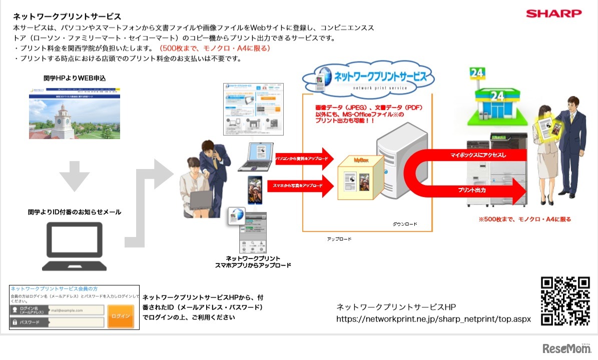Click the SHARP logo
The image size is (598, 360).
pyautogui.click(x=553, y=13)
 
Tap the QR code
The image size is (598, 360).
pyautogui.click(x=565, y=301)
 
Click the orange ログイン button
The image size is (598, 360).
pyautogui.click(x=121, y=316)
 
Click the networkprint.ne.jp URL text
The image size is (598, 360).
pyautogui.click(x=433, y=318)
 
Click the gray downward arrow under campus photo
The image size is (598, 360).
pyautogui.click(x=74, y=175)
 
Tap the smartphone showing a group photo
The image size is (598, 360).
pyautogui.click(x=254, y=189)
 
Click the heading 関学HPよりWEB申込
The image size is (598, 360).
pyautogui.click(x=75, y=78)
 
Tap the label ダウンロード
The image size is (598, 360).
pyautogui.click(x=405, y=224)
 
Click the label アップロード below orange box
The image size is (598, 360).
pyautogui.click(x=339, y=239)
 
